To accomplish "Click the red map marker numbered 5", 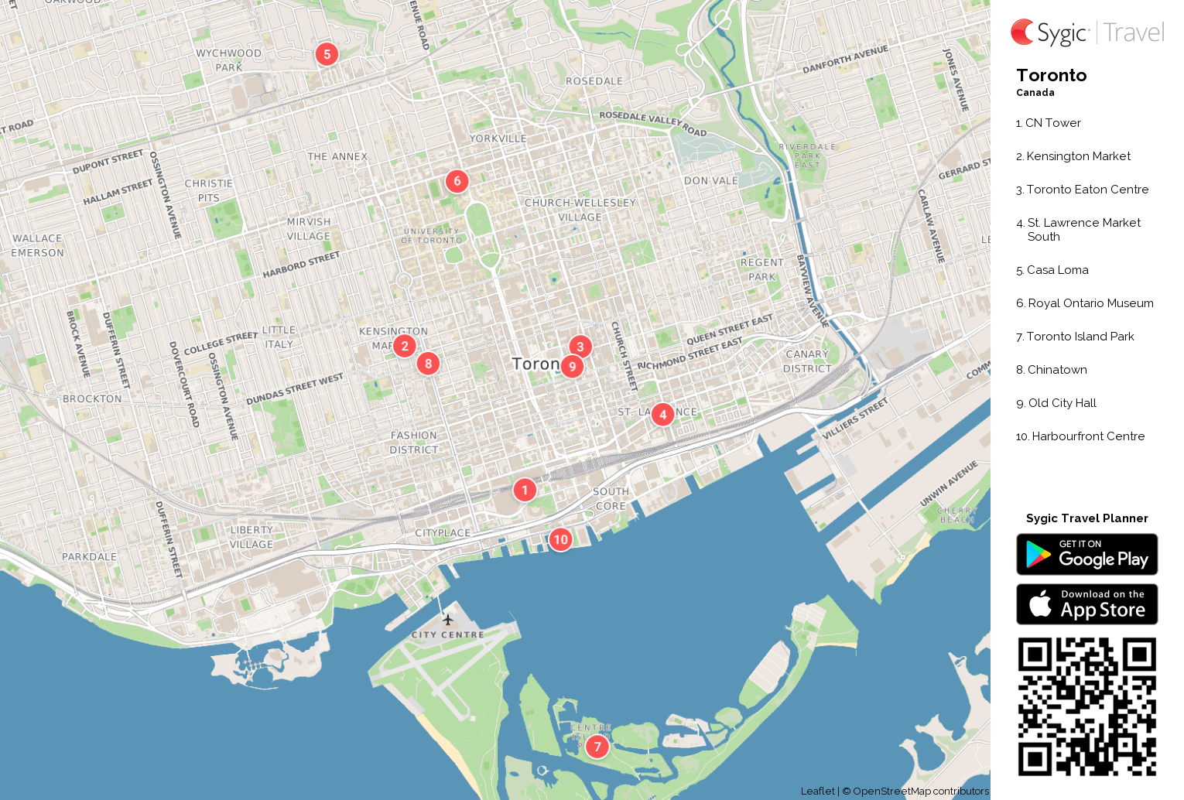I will point(327,54).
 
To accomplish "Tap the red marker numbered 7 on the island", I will point(597,747).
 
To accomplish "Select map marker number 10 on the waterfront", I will point(560,539).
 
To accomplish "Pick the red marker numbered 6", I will point(457,181).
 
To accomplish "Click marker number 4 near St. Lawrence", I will point(662,414).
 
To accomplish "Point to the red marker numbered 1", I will point(525,489).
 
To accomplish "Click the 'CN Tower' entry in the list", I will point(1052,123).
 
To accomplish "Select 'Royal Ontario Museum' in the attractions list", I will point(1090,303).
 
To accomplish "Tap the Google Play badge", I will point(1086,555).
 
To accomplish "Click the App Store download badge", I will point(1086,604).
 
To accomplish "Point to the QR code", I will point(1086,706).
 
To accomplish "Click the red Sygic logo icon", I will point(1022,32).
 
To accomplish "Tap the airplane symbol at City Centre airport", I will point(447,619).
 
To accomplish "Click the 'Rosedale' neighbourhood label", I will point(594,81).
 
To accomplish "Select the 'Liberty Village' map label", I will point(252,537).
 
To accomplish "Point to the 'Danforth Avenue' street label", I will point(845,60).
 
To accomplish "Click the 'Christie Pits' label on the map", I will point(208,190).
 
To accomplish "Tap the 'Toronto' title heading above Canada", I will point(1051,76).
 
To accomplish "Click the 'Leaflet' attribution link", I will point(817,791).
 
